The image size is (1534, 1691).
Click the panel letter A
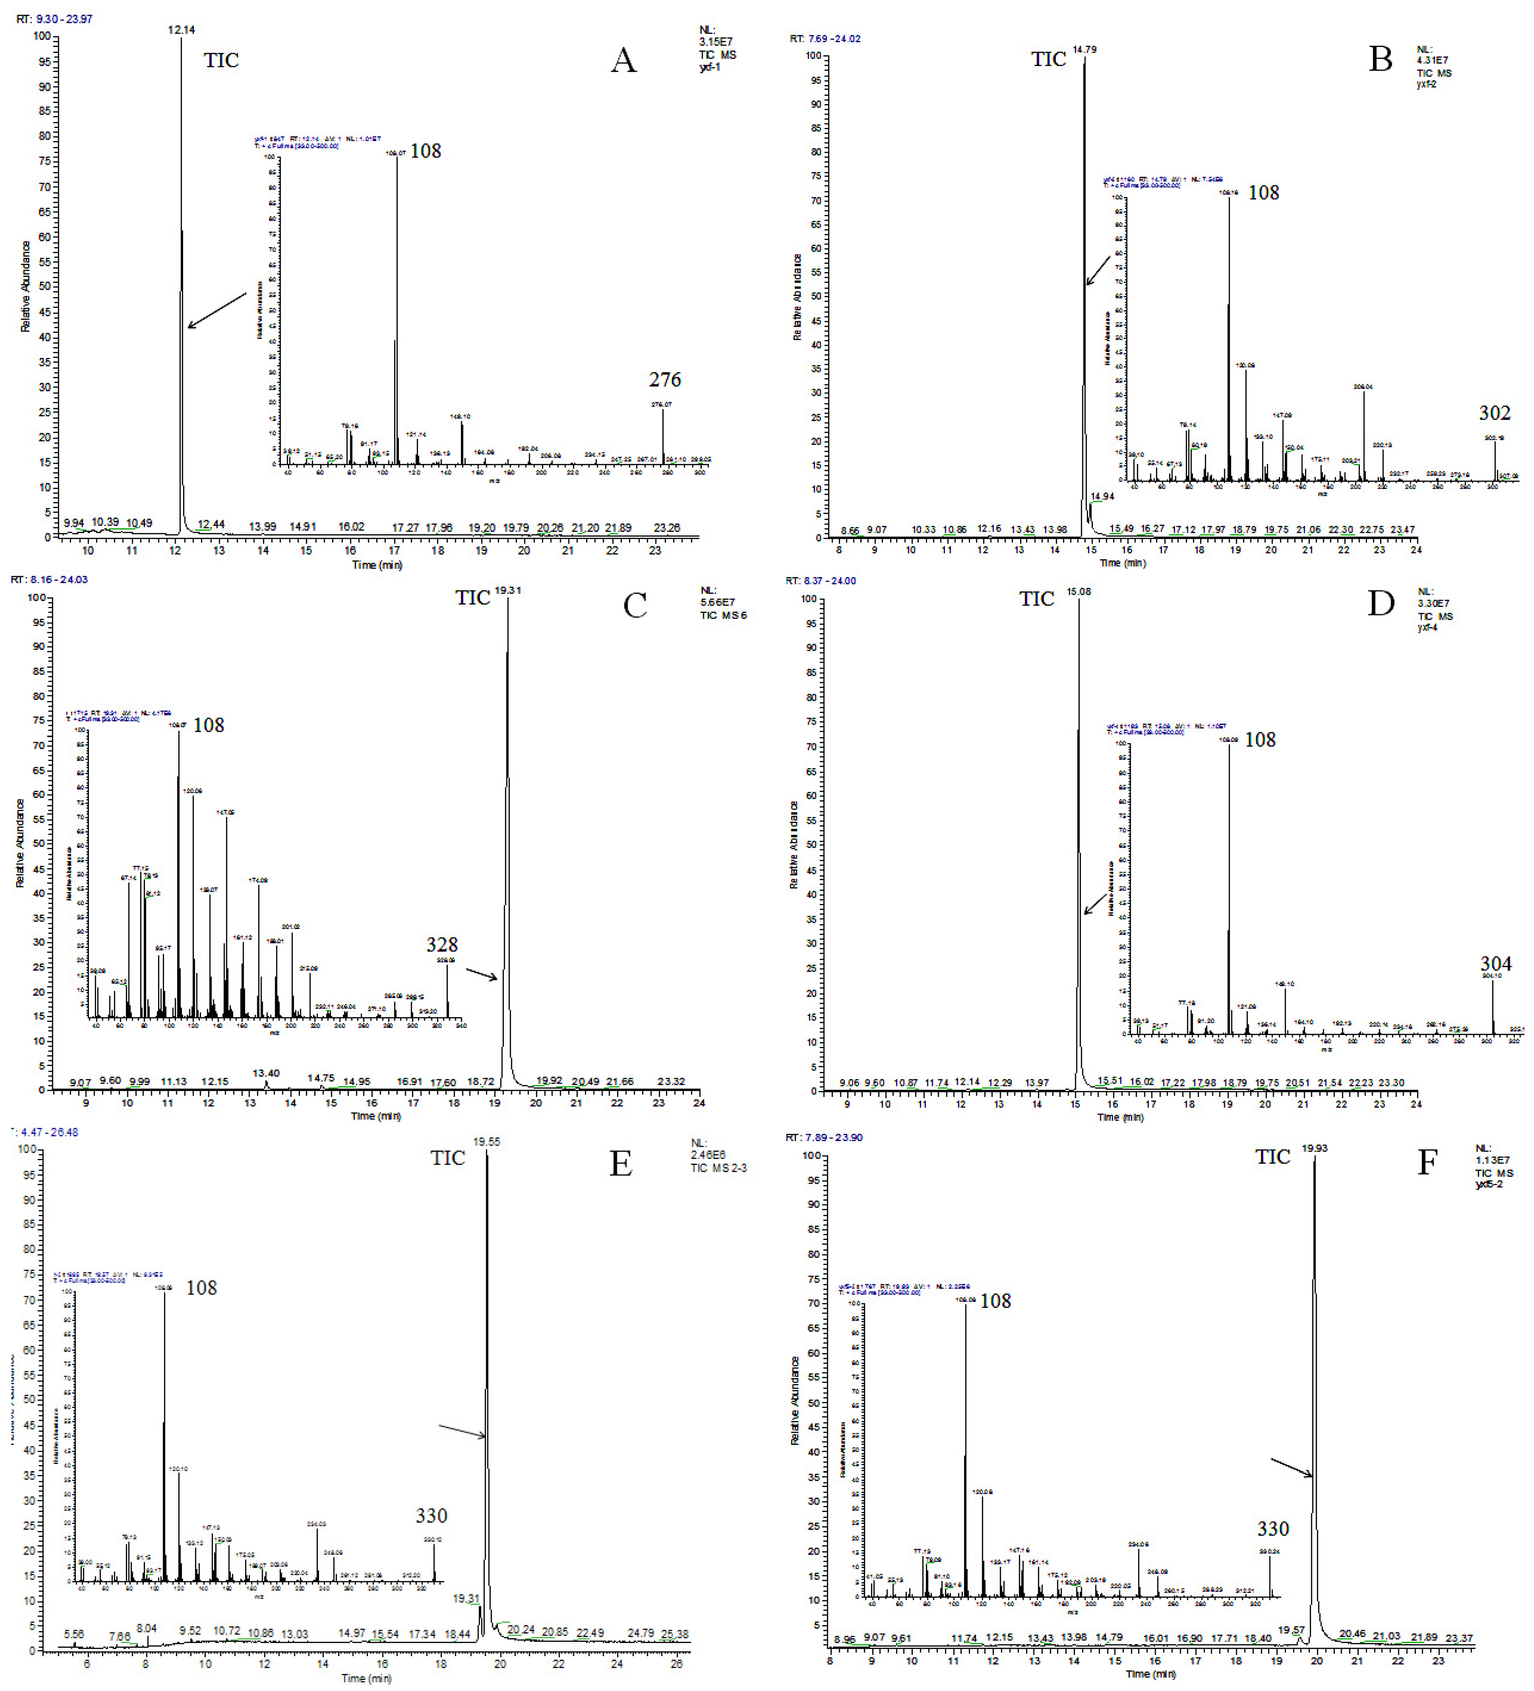(x=624, y=61)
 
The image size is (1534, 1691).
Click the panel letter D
(x=1381, y=603)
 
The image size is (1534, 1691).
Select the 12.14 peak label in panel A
(x=181, y=30)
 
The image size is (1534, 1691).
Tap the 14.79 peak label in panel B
(x=1084, y=50)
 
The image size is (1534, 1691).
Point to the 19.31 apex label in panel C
(x=508, y=590)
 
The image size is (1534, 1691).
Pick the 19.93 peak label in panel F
(x=1314, y=1148)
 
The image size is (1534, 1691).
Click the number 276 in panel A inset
(x=665, y=380)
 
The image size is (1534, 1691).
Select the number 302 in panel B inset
(x=1495, y=413)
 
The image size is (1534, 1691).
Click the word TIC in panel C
(x=472, y=598)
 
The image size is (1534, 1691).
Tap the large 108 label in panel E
(x=201, y=1288)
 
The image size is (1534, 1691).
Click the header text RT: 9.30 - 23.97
(x=55, y=18)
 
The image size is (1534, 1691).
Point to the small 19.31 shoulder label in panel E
(x=466, y=1599)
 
